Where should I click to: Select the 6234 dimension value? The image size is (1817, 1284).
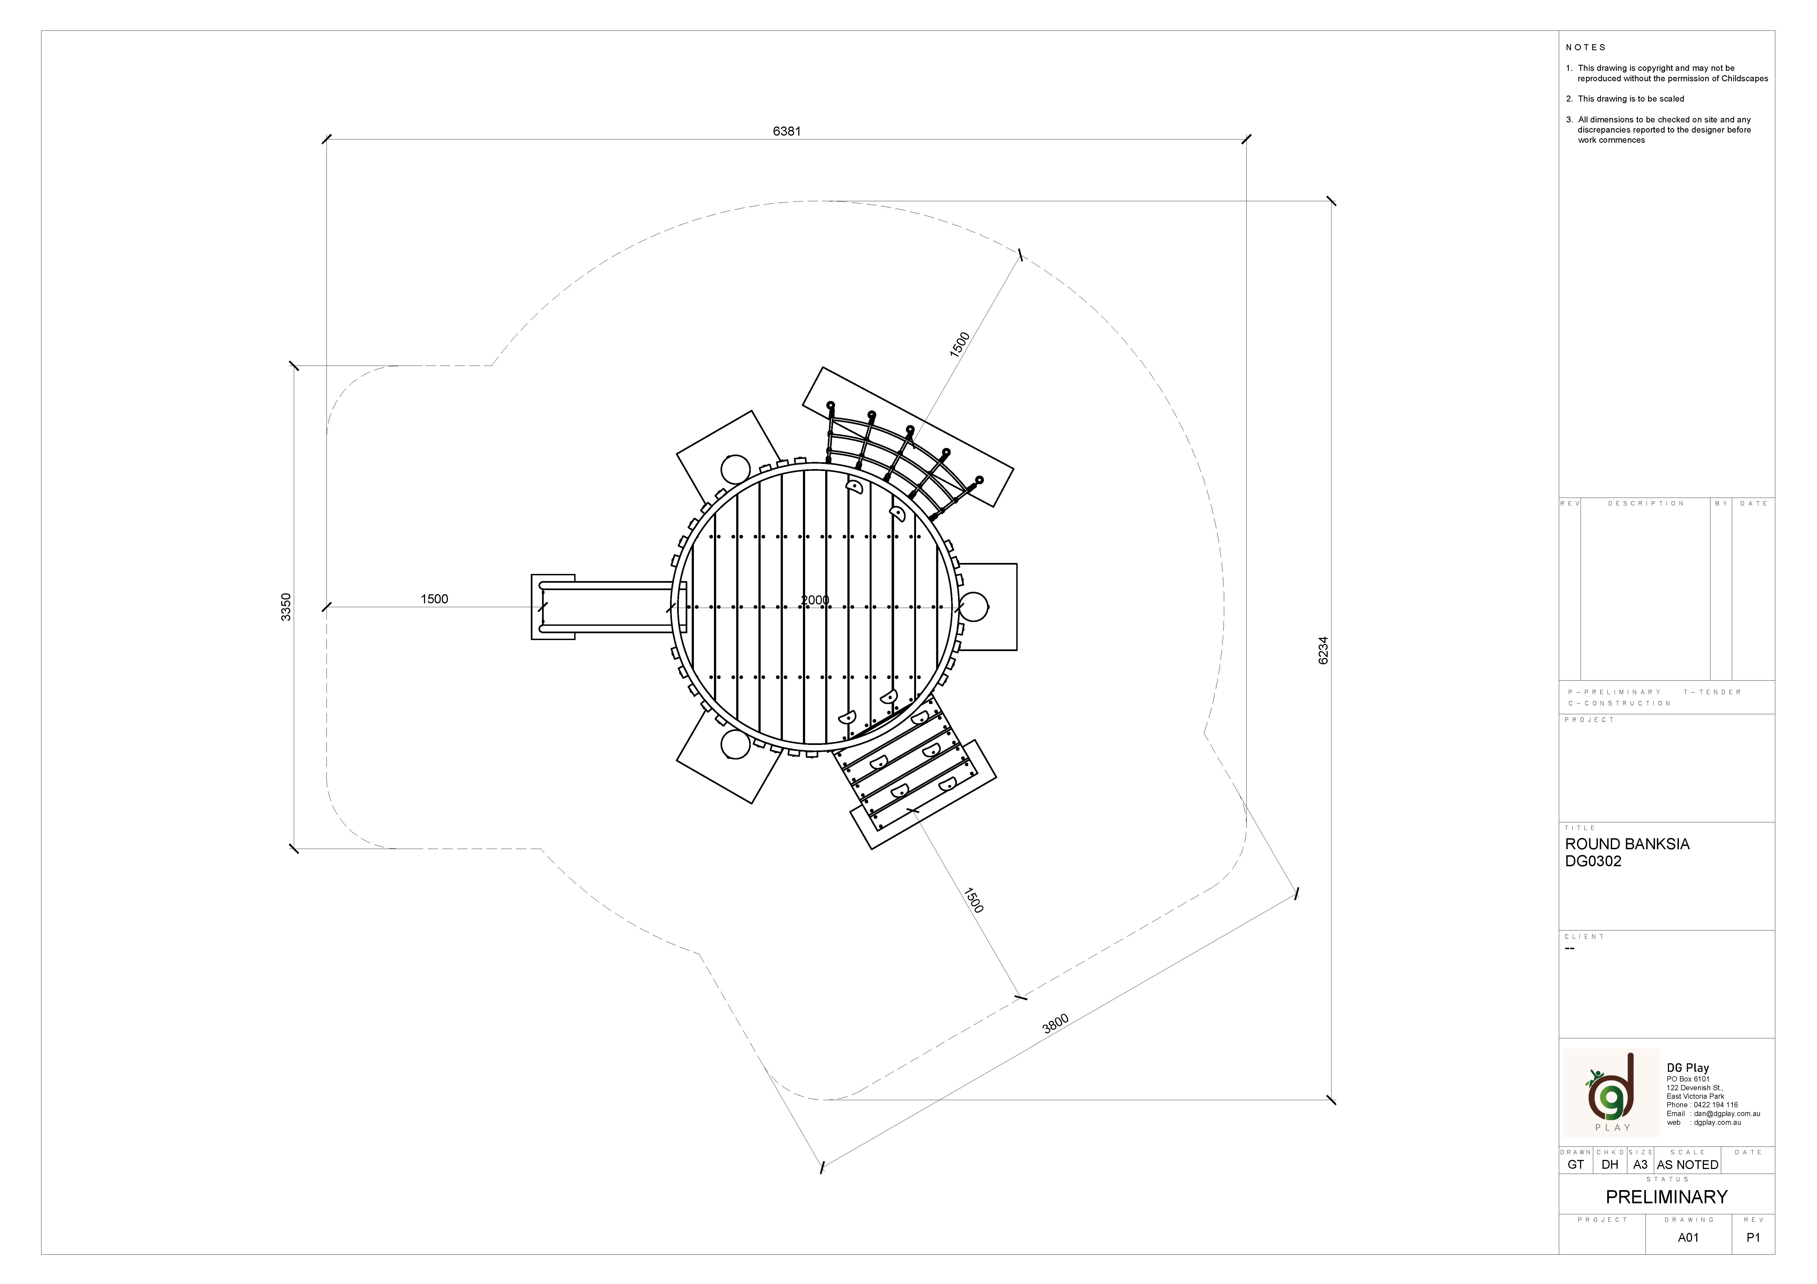[x=1323, y=650]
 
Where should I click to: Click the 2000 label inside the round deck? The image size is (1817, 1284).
[x=814, y=601]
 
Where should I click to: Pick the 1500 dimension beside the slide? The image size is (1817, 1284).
[x=434, y=599]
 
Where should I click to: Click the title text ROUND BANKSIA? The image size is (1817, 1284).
[x=1627, y=844]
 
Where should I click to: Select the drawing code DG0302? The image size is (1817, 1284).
[x=1593, y=862]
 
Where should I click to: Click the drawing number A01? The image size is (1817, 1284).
[x=1688, y=1237]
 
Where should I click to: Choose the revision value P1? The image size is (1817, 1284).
[x=1753, y=1237]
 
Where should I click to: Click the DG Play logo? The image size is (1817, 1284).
[x=1611, y=1092]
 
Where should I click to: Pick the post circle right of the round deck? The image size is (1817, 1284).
[x=973, y=607]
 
